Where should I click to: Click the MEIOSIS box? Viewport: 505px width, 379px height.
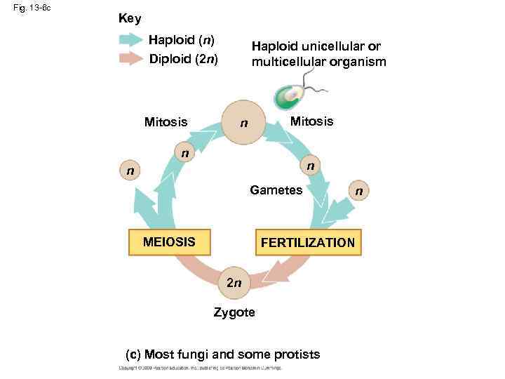pyautogui.click(x=168, y=242)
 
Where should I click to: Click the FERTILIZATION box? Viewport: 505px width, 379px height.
pyautogui.click(x=307, y=243)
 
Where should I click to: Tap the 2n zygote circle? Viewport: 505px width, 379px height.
pyautogui.click(x=234, y=282)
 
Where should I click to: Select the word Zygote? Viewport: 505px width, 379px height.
pyautogui.click(x=234, y=312)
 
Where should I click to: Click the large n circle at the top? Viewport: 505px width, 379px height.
pyautogui.click(x=243, y=123)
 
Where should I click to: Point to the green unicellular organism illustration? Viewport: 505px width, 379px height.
pyautogui.click(x=289, y=97)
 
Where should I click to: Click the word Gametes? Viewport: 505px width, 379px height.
pyautogui.click(x=276, y=190)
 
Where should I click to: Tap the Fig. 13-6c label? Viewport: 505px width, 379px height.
pyautogui.click(x=32, y=8)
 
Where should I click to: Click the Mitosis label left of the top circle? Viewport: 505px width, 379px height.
pyautogui.click(x=166, y=122)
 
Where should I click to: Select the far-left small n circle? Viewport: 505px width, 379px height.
pyautogui.click(x=128, y=171)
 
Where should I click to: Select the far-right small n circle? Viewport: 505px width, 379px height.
pyautogui.click(x=359, y=190)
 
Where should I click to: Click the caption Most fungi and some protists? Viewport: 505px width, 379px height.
pyautogui.click(x=222, y=354)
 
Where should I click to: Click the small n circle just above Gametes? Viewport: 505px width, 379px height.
pyautogui.click(x=309, y=166)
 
